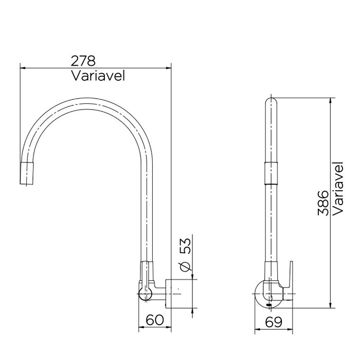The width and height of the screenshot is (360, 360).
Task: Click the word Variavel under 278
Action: pos(97,76)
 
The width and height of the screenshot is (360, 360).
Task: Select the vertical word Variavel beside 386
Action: pos(338,189)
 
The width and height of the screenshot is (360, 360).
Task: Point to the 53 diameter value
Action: pos(187,247)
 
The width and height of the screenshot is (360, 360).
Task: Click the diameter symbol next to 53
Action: pos(187,265)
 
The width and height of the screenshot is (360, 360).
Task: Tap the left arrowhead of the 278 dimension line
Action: pos(22,67)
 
